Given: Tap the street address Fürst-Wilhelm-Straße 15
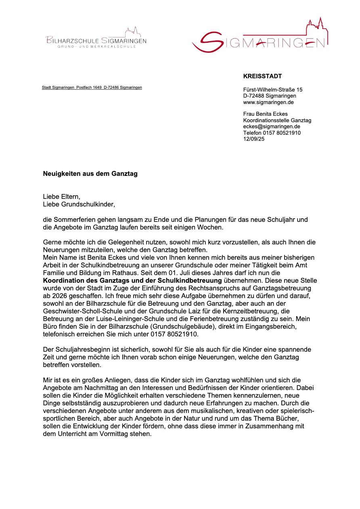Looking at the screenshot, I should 272,90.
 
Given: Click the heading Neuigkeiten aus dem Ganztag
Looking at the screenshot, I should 90,174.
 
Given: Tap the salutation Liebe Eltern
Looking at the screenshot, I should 62,197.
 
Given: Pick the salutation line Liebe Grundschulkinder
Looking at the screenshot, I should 79,204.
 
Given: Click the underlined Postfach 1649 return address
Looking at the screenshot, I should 92,88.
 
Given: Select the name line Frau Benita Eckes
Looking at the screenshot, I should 265,114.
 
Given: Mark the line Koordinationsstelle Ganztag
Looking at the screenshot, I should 277,121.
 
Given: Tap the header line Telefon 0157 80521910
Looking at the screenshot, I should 272,133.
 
